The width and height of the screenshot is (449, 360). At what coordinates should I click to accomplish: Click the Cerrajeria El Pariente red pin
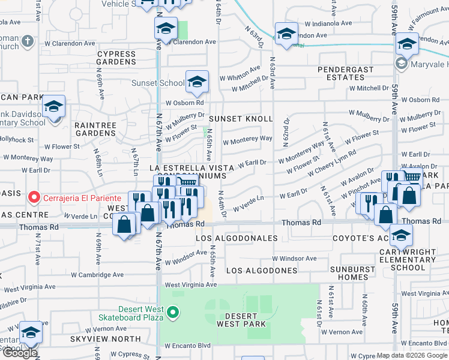point(34,197)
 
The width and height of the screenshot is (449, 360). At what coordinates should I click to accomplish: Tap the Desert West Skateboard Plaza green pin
point(173,311)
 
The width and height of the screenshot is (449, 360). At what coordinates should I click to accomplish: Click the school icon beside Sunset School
point(196,83)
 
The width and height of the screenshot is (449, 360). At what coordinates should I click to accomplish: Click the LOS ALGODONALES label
point(237,238)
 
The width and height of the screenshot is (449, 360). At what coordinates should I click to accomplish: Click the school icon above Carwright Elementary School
point(401,236)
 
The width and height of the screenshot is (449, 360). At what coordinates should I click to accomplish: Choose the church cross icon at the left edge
point(26,41)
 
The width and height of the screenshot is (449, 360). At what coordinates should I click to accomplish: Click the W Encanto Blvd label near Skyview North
point(187,346)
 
